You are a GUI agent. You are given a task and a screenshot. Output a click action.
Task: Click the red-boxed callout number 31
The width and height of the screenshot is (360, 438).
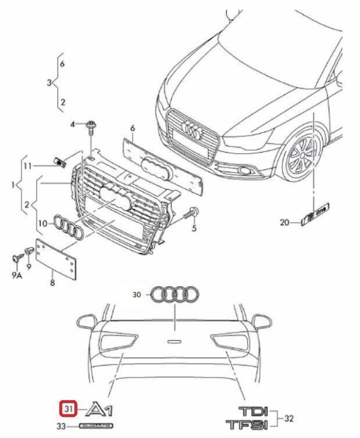[x=67, y=409]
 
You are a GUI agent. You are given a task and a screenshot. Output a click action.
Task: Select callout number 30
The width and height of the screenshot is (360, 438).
[x=137, y=295]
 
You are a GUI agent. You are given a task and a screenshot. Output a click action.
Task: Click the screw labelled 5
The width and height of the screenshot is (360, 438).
[x=193, y=212]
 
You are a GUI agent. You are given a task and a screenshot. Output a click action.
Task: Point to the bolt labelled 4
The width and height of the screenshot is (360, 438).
[x=91, y=125]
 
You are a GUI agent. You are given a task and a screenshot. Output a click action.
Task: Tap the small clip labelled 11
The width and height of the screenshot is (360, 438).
[x=59, y=161]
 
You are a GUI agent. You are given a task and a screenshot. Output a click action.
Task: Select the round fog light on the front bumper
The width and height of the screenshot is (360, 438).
[x=244, y=173]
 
